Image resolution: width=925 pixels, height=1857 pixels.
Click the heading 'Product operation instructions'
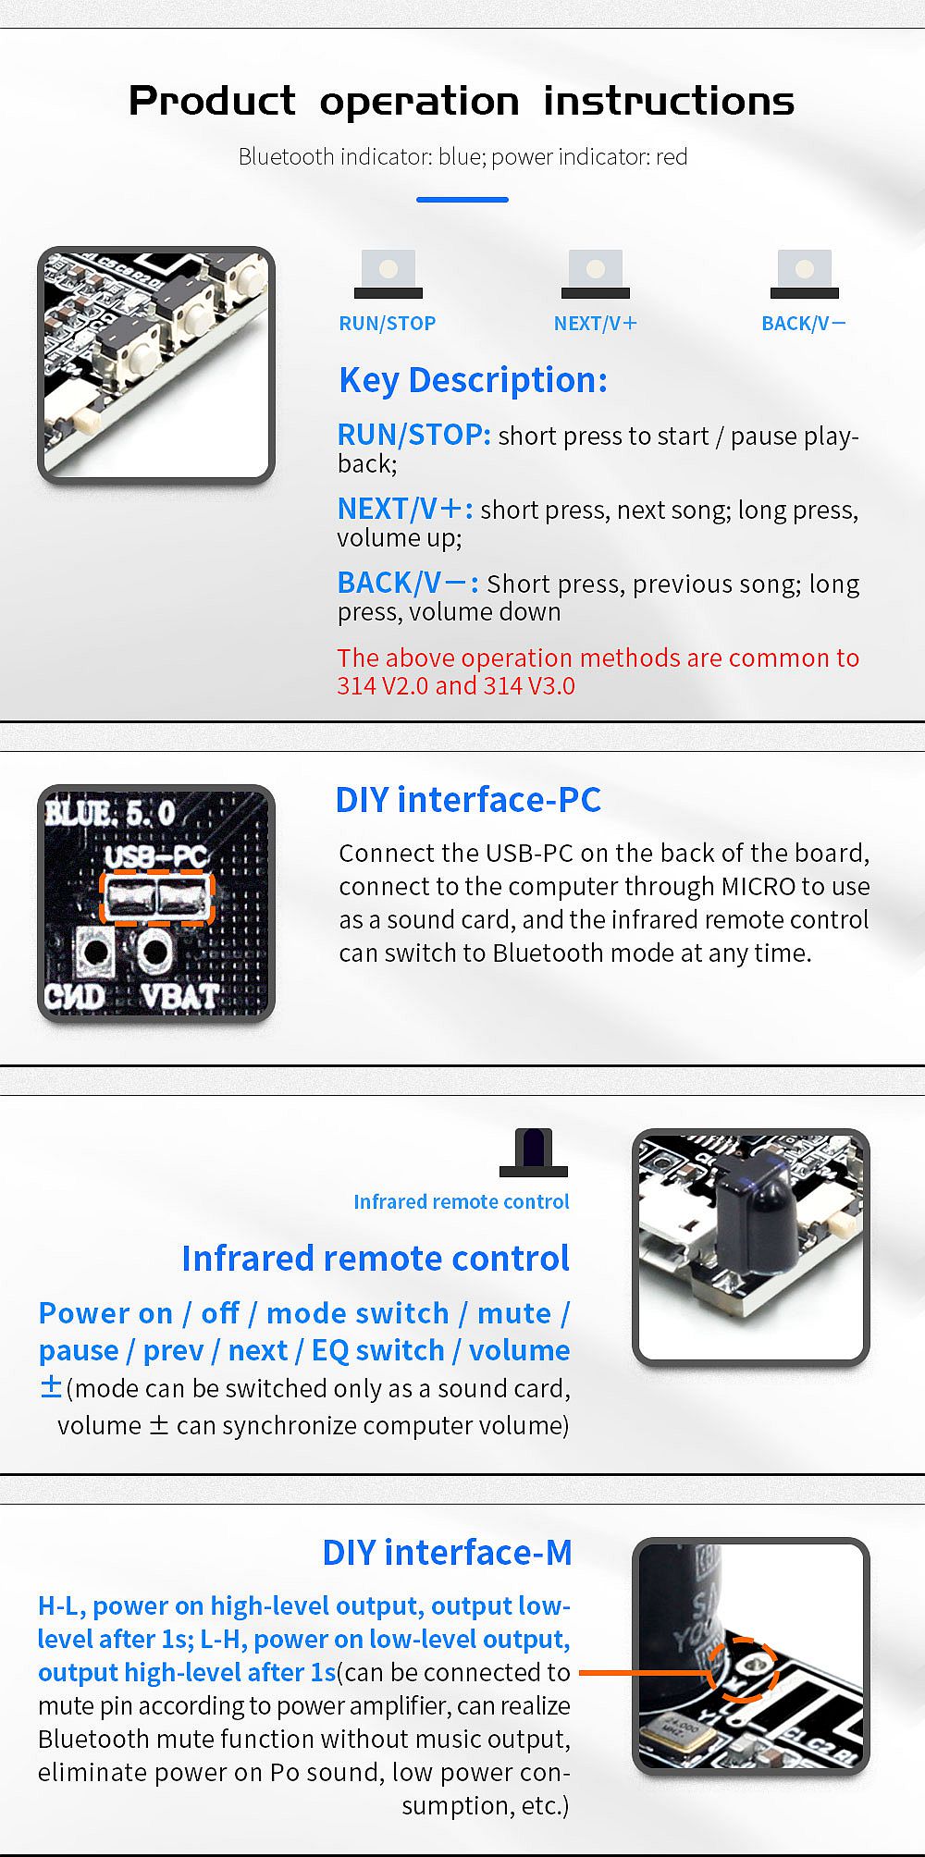point(462,101)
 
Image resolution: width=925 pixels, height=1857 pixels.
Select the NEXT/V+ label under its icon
point(596,324)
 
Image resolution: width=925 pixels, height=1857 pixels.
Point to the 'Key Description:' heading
point(473,380)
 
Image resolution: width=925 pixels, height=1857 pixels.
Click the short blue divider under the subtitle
point(462,199)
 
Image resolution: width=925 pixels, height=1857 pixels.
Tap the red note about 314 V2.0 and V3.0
point(598,671)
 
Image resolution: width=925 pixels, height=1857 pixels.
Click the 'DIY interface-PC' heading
point(468,800)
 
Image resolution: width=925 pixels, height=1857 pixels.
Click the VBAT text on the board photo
point(180,996)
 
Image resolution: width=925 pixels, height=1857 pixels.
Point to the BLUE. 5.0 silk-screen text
point(110,814)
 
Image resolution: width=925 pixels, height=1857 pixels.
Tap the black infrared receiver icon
point(534,1152)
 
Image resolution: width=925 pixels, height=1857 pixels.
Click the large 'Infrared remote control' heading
point(376,1259)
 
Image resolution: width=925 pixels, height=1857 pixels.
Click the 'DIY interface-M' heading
point(447,1553)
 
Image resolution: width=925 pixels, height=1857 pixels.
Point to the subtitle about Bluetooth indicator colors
point(462,157)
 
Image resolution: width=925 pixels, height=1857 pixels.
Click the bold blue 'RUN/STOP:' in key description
point(413,435)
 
